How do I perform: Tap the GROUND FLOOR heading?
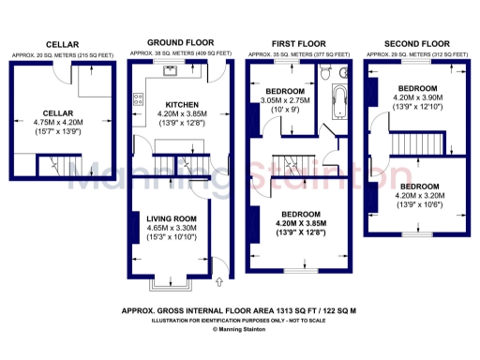180,43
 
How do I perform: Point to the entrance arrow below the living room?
218,279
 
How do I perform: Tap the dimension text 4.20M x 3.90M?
417,97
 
